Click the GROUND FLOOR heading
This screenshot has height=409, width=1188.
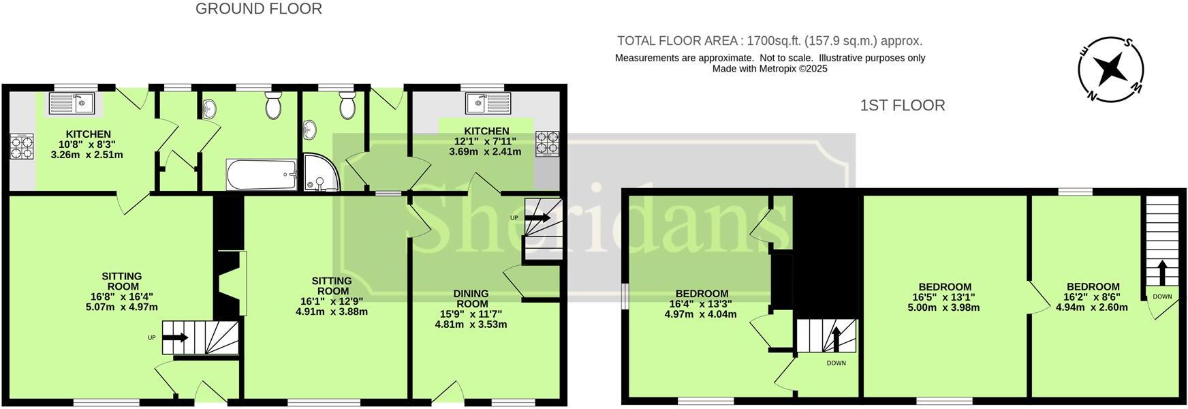pos(259,9)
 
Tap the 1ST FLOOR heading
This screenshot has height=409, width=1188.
pos(903,106)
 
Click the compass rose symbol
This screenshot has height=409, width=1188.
pos(1110,69)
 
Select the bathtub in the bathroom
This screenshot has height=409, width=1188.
pos(262,175)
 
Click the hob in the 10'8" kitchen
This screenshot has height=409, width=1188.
pos(19,147)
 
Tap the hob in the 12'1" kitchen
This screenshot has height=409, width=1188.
pos(547,143)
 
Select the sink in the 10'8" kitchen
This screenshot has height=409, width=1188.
pos(72,104)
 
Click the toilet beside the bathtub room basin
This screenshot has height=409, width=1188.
pos(274,106)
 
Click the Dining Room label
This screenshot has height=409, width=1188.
pos(471,299)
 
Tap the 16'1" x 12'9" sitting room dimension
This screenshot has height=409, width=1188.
pos(332,301)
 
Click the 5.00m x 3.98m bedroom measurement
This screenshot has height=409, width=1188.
pos(944,307)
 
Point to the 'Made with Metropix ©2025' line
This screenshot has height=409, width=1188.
pos(770,69)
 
